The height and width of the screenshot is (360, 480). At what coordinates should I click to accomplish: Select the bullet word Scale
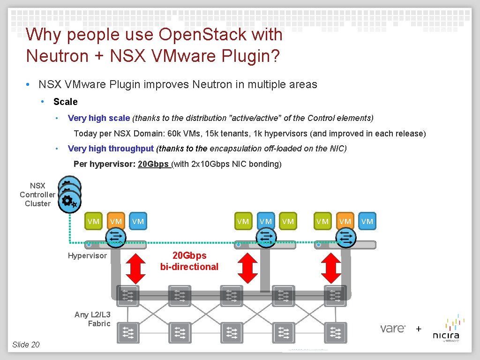click(66, 102)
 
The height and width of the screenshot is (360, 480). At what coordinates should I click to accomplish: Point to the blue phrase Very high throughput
click(111, 149)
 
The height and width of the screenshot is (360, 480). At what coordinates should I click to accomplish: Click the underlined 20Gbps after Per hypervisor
click(153, 165)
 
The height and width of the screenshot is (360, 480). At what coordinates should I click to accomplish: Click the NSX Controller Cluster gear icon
click(69, 201)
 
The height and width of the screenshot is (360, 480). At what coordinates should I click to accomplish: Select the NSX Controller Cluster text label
click(37, 195)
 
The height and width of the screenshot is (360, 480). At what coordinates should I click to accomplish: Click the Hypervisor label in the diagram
click(87, 255)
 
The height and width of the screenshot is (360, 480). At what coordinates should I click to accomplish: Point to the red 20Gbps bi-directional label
click(189, 261)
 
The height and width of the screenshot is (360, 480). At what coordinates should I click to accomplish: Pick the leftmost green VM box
click(93, 221)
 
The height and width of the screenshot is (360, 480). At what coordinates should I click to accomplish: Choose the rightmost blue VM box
click(367, 221)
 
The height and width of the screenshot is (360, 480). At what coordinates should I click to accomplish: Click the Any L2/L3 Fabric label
click(92, 319)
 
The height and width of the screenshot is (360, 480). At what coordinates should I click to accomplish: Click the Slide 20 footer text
click(26, 345)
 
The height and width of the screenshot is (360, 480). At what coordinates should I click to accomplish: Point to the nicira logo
click(446, 331)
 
